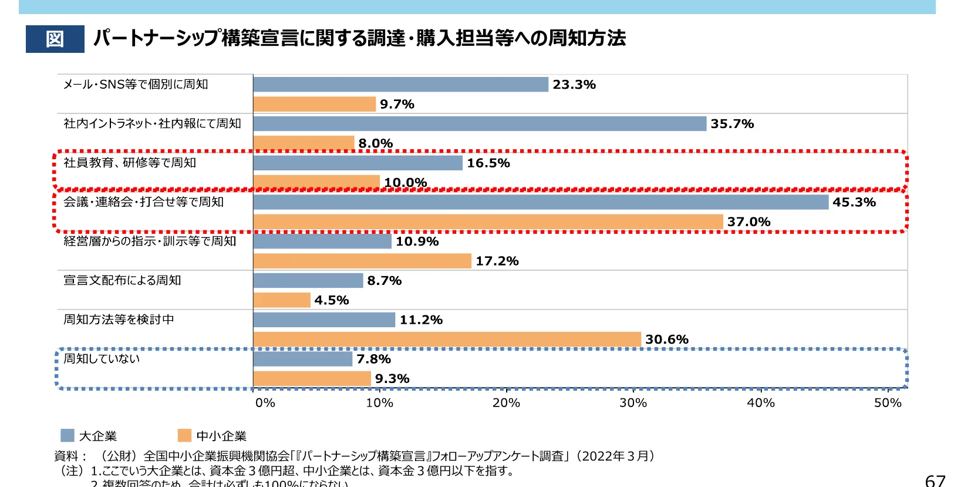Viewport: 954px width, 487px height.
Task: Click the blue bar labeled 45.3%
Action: (540, 202)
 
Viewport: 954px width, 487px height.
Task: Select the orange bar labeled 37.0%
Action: (487, 222)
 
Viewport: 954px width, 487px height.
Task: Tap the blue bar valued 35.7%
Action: (479, 124)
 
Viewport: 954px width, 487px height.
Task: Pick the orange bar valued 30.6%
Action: (446, 340)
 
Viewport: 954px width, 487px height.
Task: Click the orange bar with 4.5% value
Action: (281, 300)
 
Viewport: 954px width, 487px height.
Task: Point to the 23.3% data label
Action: (574, 85)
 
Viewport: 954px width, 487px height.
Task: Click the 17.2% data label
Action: (497, 261)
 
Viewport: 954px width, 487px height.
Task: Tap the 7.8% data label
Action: (373, 359)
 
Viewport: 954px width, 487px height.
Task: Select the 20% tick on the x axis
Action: (506, 403)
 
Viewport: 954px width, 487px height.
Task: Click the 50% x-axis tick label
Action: (887, 403)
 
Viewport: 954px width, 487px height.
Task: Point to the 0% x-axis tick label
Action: (265, 403)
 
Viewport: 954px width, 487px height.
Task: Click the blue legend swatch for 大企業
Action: (68, 435)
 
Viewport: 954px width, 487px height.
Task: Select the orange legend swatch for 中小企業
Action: (184, 435)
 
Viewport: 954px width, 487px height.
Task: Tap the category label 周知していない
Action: (102, 358)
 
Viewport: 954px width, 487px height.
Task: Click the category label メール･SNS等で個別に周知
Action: (136, 85)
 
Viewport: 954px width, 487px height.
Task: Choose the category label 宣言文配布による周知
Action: (122, 280)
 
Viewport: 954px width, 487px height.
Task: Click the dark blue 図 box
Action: (55, 39)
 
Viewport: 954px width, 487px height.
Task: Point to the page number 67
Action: (935, 480)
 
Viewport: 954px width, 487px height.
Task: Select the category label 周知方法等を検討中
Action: (119, 320)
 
